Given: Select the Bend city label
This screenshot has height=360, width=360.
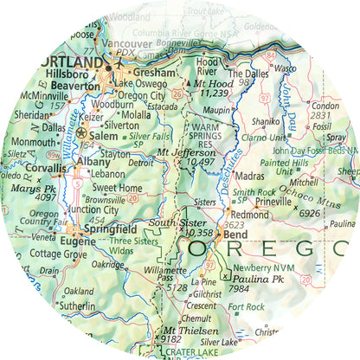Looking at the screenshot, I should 237,235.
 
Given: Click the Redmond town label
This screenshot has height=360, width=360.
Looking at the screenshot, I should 251,214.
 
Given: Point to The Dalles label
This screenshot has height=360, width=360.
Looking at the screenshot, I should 249,74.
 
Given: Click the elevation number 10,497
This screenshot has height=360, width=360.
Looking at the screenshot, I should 199,162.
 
